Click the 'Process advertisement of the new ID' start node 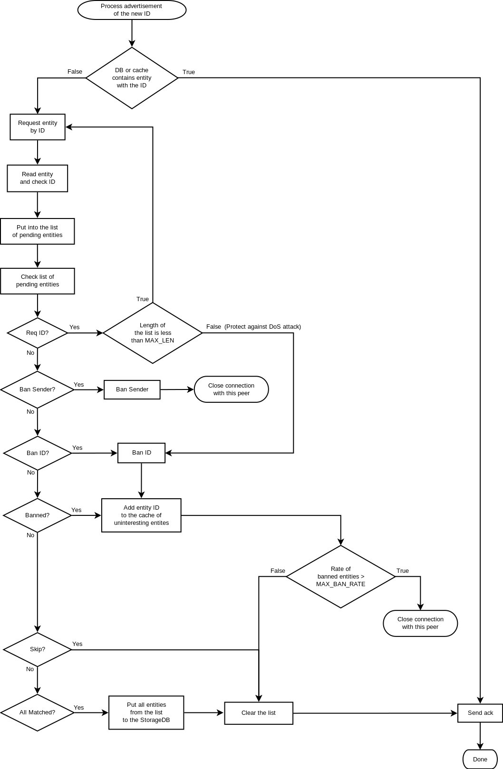point(132,10)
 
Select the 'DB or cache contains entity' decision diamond point(132,78)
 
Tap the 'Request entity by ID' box point(38,127)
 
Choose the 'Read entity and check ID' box point(38,178)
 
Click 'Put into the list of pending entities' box point(38,231)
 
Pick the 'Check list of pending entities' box point(38,281)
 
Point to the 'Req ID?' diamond point(38,333)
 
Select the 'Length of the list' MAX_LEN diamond point(153,333)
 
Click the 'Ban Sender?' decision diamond point(38,389)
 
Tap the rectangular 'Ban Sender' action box point(132,389)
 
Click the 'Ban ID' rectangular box point(142,453)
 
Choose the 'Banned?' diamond point(38,515)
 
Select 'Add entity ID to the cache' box point(141,515)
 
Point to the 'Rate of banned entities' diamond point(340,577)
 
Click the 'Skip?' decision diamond point(38,649)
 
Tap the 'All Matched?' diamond point(38,712)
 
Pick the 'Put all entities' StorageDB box point(146,712)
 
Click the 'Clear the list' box point(259,713)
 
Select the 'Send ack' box point(480,713)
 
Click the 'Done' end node point(480,759)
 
